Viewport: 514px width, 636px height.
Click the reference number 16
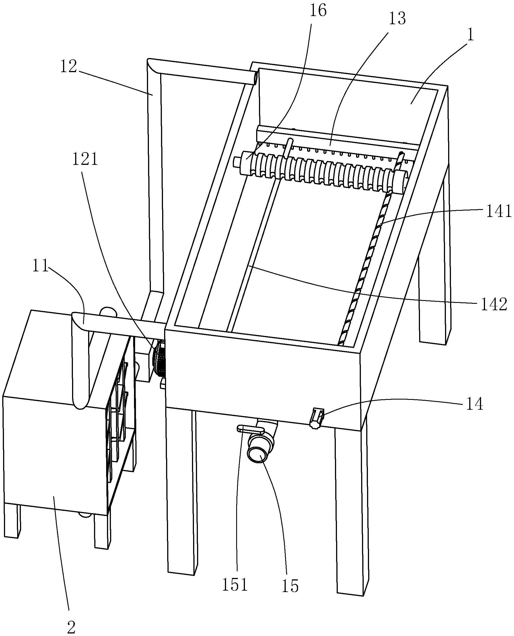[318, 11]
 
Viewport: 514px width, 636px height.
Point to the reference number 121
[85, 160]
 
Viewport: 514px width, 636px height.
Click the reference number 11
[41, 266]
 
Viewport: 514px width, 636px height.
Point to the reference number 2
[71, 626]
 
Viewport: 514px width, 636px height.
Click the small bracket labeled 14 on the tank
[316, 418]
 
